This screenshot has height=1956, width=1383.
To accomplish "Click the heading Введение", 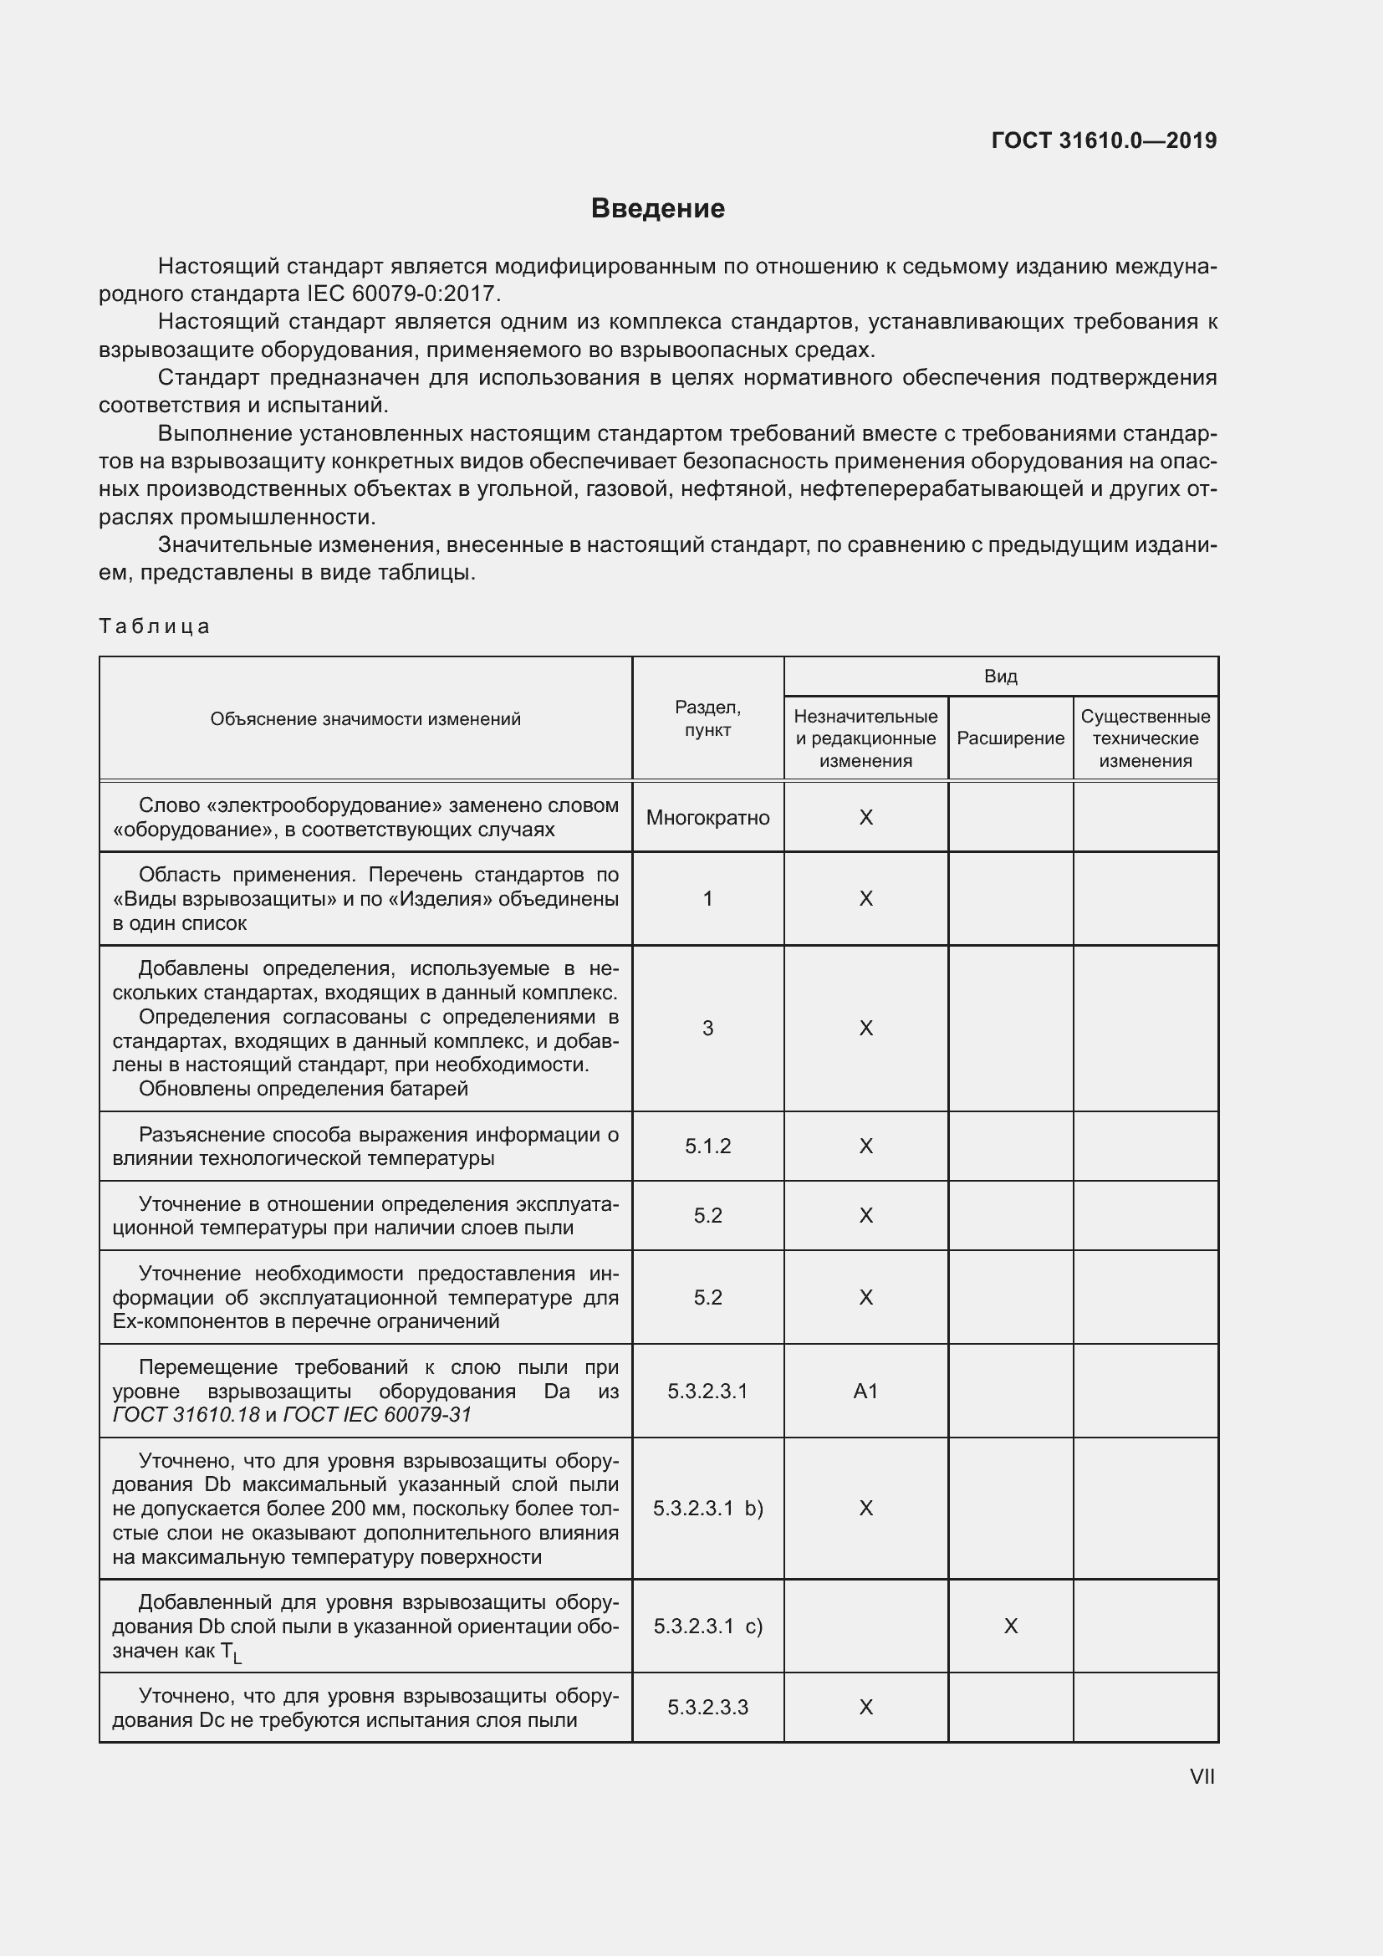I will (x=657, y=209).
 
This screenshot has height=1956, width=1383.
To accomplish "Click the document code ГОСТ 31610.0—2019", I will (x=1104, y=140).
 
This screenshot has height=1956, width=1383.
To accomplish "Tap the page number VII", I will (x=1202, y=1776).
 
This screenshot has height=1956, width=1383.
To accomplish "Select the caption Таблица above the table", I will (x=154, y=626).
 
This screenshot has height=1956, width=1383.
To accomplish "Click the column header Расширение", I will (x=1010, y=738).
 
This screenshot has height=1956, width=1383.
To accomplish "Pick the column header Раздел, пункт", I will (x=707, y=718).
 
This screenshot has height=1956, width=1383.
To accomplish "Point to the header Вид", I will (x=1001, y=677).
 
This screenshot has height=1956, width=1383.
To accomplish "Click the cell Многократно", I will (x=707, y=818).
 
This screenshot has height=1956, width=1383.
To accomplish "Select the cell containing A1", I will (x=865, y=1392).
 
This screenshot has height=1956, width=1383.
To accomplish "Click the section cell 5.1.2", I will (x=707, y=1146).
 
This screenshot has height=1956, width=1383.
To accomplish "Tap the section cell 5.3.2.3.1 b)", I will (x=707, y=1509).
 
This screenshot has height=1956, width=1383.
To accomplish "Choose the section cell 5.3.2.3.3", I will (x=707, y=1708).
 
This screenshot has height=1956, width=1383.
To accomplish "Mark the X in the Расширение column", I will (x=1010, y=1627).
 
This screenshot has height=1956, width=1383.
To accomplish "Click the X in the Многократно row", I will (x=865, y=818).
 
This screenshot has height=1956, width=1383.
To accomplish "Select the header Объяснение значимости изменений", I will (x=365, y=719).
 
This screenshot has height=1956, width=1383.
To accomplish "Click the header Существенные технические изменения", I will (x=1146, y=738).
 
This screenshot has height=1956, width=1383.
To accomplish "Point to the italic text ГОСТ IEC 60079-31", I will (x=376, y=1415).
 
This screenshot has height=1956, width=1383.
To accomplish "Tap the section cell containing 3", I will (x=707, y=1029).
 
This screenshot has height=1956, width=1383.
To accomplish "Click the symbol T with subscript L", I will (x=231, y=1652).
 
